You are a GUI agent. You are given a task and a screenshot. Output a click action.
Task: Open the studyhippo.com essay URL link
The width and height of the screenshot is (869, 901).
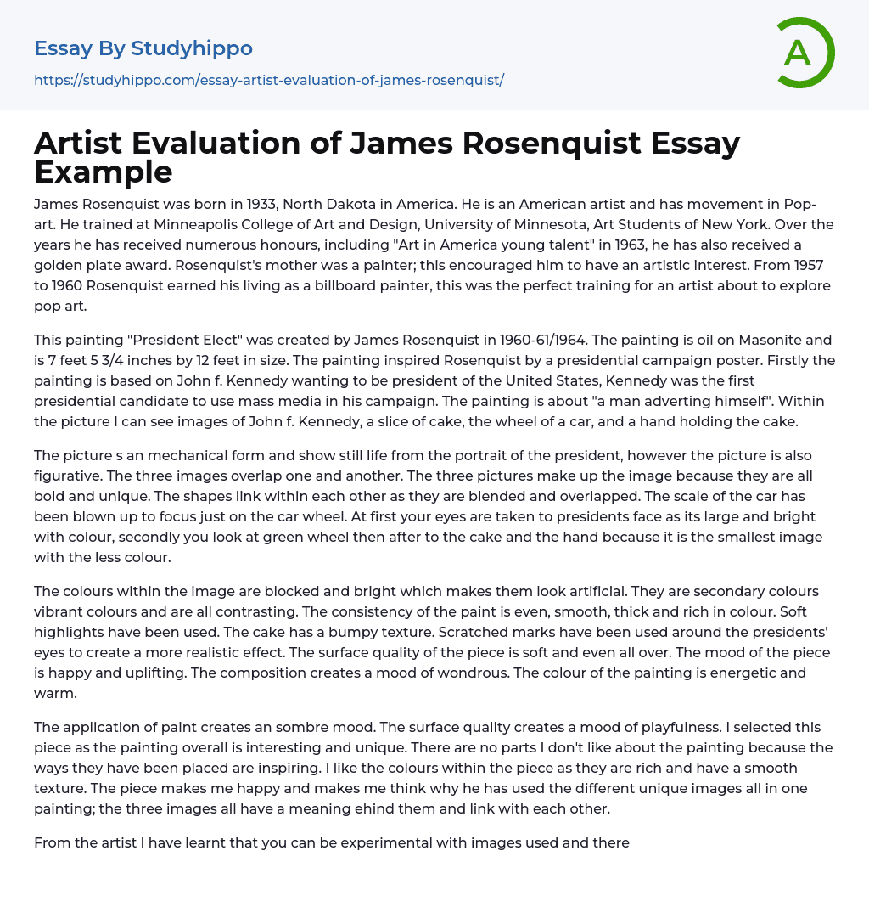[269, 81]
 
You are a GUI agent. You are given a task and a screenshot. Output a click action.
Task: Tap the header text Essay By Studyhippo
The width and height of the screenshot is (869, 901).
[143, 48]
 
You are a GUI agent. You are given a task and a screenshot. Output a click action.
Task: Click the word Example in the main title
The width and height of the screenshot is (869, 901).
[104, 172]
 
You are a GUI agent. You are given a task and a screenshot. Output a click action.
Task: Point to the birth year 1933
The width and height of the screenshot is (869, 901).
[269, 204]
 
